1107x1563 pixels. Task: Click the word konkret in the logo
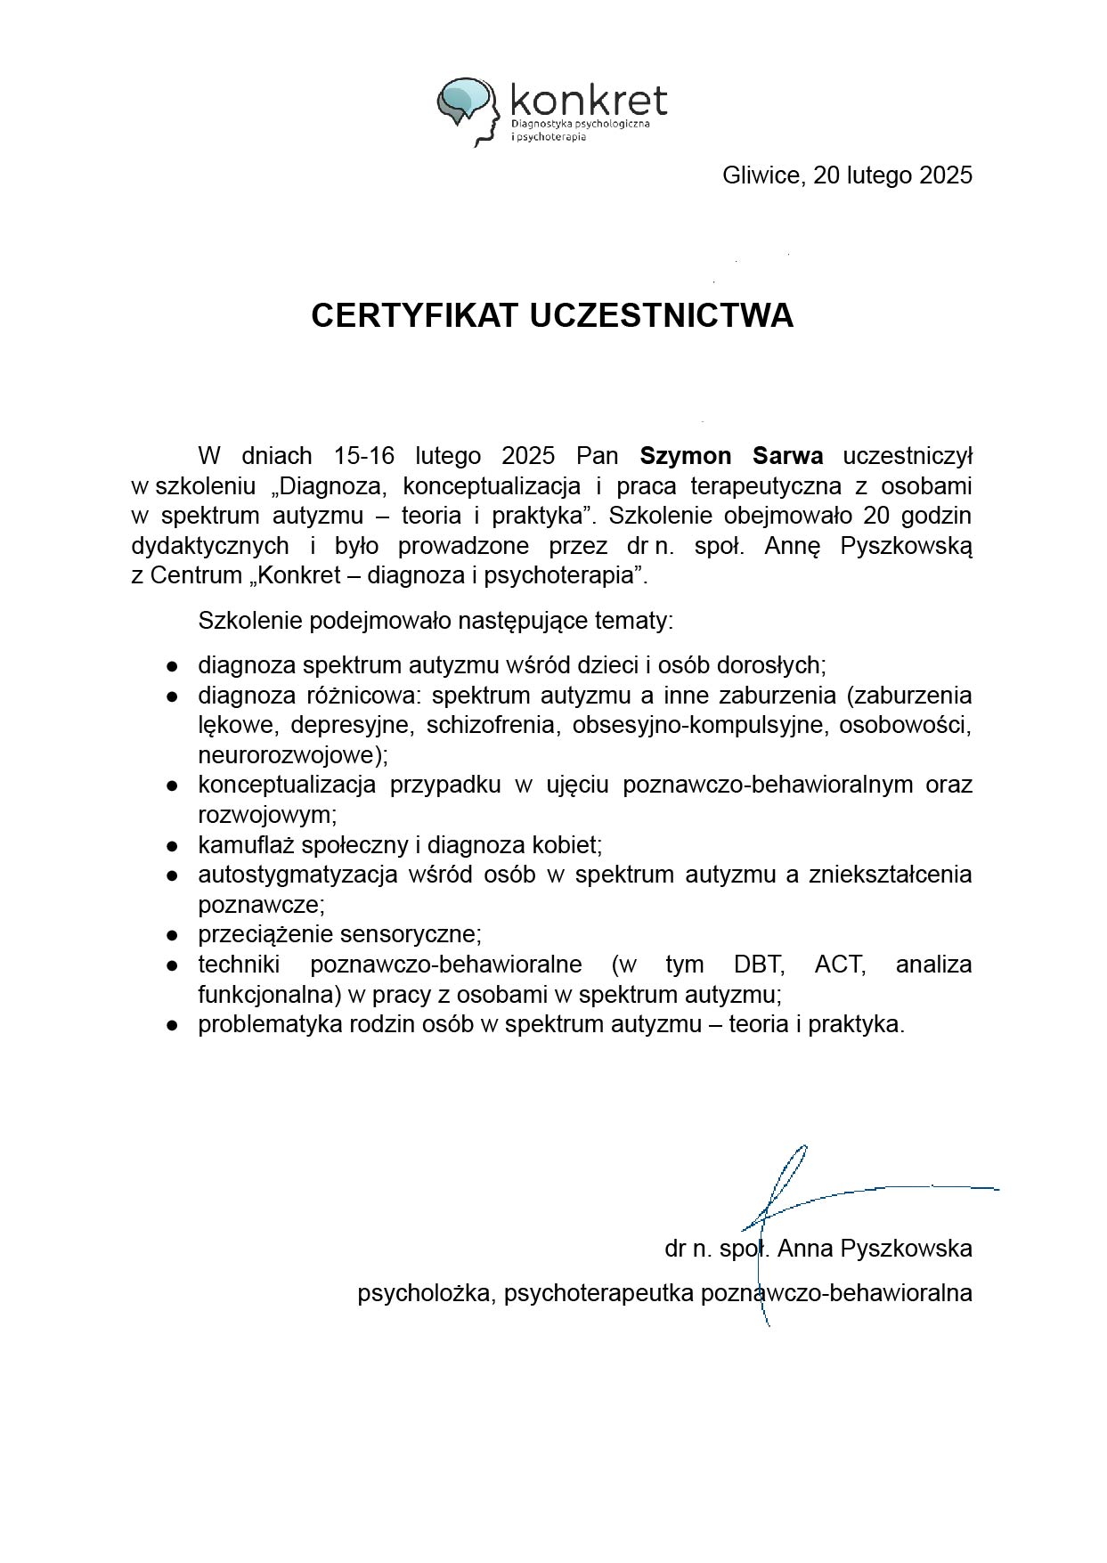click(589, 100)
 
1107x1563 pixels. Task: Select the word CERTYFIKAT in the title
click(415, 315)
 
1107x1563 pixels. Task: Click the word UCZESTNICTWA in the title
click(662, 315)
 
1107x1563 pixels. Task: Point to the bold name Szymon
click(685, 456)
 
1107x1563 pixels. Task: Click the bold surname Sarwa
click(787, 456)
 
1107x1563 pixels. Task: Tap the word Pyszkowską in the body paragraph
click(906, 546)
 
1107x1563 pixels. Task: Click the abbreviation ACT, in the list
click(840, 965)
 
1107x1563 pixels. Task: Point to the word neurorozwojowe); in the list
click(293, 755)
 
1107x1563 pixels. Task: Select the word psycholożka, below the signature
click(426, 1293)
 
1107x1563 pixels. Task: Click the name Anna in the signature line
click(805, 1249)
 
